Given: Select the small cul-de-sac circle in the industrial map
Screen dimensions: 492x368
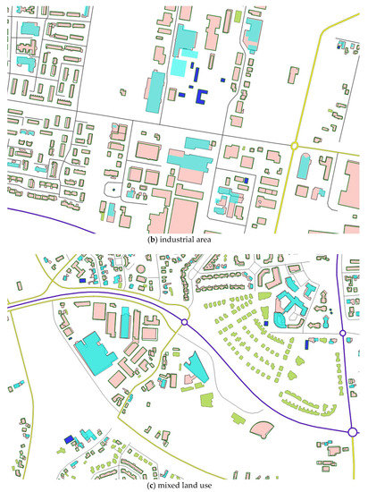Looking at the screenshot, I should click(113, 190).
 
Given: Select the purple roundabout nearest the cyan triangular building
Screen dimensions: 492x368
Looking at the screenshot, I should click(184, 322).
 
